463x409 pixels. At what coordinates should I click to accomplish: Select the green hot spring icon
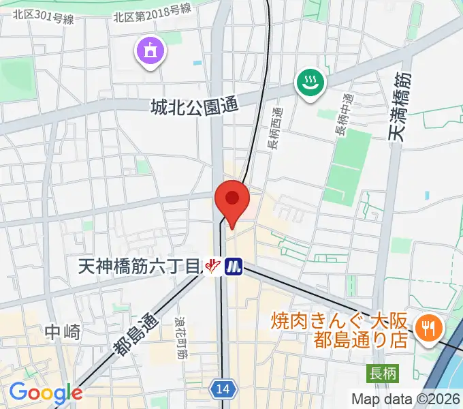310,84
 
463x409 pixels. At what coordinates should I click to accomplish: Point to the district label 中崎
63,332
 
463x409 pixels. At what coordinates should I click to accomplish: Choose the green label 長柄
383,373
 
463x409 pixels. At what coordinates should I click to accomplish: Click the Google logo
46,392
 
